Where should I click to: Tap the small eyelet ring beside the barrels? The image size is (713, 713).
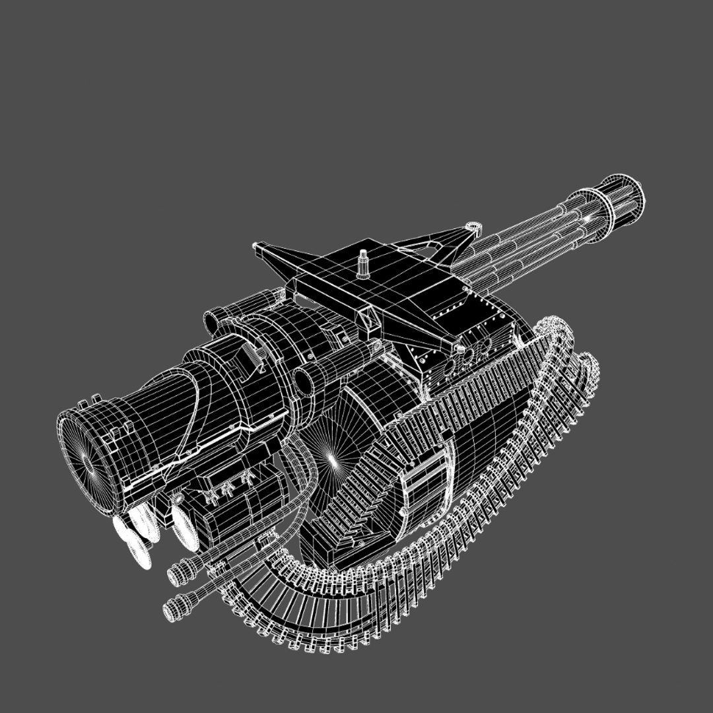(473, 228)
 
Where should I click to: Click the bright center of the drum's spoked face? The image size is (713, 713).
(332, 460)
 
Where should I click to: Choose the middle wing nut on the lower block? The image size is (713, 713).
(228, 489)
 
